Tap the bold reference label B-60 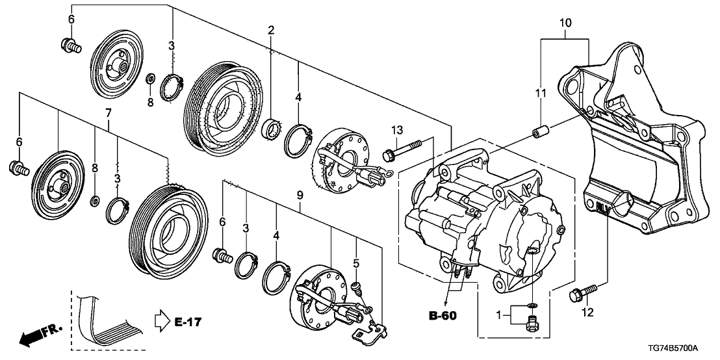click(x=442, y=316)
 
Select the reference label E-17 click(x=188, y=321)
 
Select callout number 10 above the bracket click(x=565, y=23)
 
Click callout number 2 click(x=270, y=30)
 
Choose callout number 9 click(x=300, y=194)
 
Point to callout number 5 click(x=356, y=263)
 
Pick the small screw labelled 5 click(x=355, y=285)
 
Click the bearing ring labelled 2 click(x=270, y=128)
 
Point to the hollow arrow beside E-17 click(x=161, y=321)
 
